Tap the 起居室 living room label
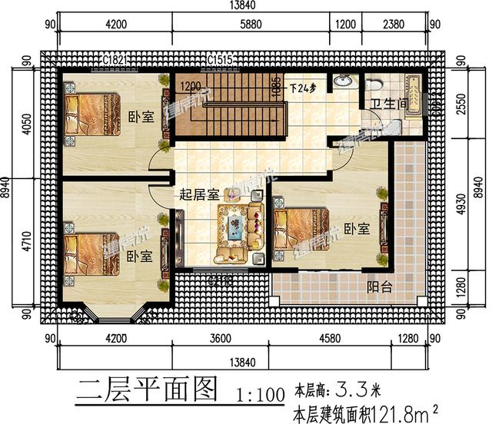tap(198, 195)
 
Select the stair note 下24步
tap(303, 87)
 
